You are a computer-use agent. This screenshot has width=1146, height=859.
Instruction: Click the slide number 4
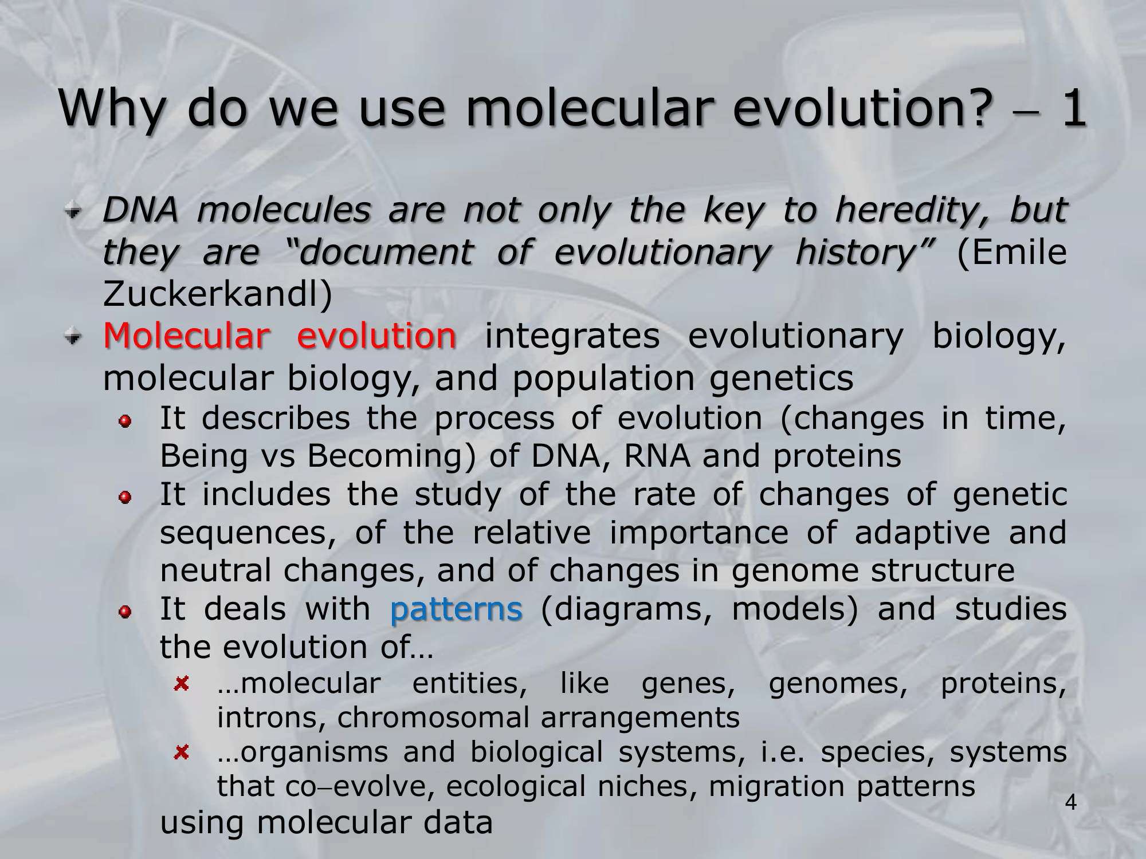1070,803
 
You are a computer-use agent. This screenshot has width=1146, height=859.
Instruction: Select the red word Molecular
186,336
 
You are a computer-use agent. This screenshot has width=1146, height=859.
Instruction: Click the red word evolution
376,336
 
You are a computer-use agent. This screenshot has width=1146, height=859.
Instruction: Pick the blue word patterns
456,609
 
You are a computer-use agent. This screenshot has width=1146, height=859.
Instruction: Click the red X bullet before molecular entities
182,683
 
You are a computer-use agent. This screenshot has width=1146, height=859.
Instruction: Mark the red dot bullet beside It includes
125,498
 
